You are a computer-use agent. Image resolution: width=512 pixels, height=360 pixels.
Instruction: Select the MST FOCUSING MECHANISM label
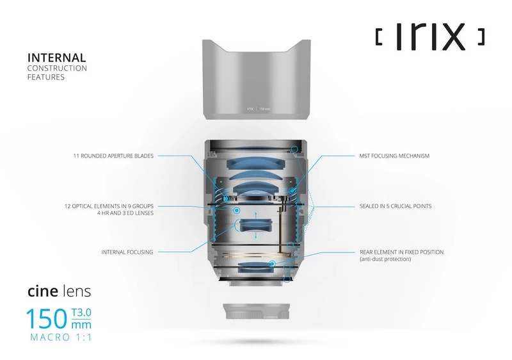click(x=394, y=156)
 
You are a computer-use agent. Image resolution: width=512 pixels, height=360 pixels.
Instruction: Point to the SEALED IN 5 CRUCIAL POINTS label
click(x=395, y=207)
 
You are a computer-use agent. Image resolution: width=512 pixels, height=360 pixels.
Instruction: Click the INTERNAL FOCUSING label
click(x=127, y=252)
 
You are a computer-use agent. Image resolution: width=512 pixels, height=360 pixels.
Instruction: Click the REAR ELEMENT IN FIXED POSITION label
click(x=401, y=252)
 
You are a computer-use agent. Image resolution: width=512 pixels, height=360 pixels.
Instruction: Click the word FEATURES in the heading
click(x=45, y=77)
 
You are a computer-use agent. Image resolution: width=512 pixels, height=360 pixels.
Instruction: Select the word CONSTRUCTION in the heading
click(x=57, y=68)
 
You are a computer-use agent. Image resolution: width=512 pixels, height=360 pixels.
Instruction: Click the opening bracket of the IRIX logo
click(x=378, y=38)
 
